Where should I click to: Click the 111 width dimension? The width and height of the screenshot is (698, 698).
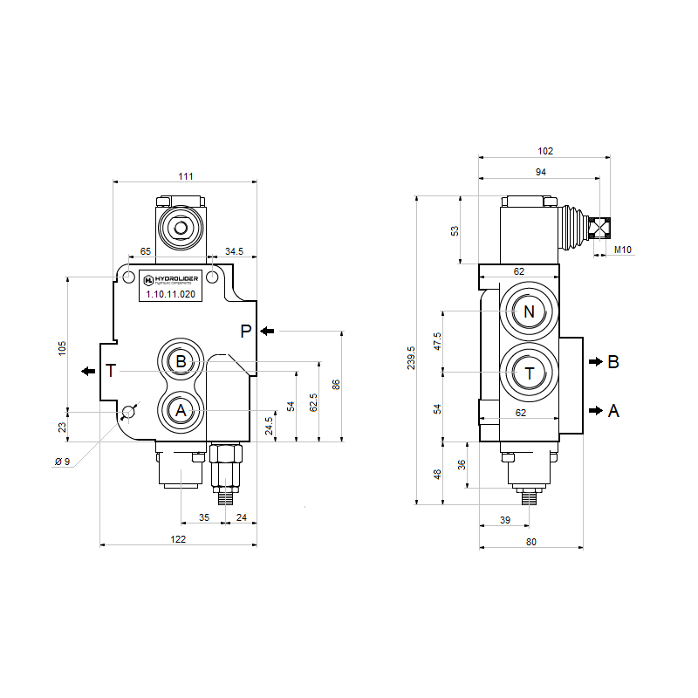pos(186,176)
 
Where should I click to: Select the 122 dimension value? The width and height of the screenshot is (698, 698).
pos(178,539)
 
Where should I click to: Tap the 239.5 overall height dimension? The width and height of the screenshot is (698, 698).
pos(410,357)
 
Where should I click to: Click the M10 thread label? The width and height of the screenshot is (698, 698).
pos(622,250)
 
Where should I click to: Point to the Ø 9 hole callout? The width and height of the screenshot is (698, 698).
pos(62,461)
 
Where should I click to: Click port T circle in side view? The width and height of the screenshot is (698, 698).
pos(528,373)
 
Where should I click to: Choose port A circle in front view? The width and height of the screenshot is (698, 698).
pos(181,409)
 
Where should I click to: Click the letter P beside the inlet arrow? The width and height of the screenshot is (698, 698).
pos(246,332)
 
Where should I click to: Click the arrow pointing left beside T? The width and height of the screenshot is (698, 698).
pos(88,371)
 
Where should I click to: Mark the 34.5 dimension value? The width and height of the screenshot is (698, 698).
pos(234,251)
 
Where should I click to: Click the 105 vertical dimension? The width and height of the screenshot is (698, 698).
pos(62,347)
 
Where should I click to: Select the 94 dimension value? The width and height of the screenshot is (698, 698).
pos(540,173)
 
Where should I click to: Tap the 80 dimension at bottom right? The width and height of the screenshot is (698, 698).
pos(531,542)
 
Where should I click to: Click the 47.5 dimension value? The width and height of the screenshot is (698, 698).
pos(438,340)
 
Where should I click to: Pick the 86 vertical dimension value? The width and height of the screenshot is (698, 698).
pos(336,385)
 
